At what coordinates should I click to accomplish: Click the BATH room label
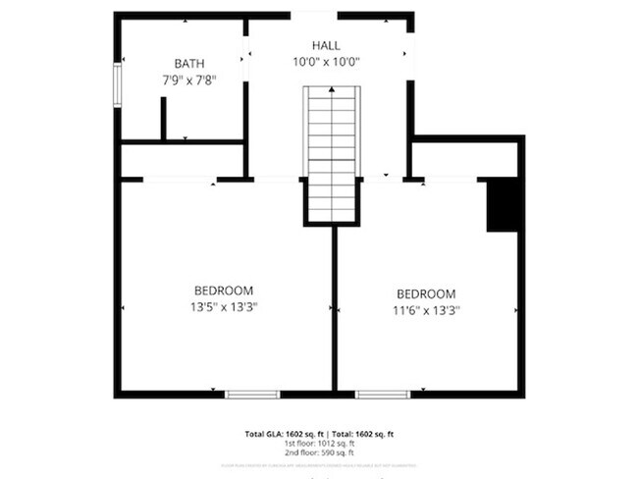click(190, 64)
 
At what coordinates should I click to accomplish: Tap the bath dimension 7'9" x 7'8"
click(189, 80)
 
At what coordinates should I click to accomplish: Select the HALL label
click(327, 46)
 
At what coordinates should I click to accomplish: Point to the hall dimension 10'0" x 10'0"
click(327, 62)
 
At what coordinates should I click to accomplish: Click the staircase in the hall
click(332, 152)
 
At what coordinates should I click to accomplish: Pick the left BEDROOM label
click(224, 291)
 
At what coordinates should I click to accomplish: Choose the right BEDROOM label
click(426, 293)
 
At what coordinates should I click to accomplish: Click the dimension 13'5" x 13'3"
click(225, 306)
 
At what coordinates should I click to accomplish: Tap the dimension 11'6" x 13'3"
click(427, 309)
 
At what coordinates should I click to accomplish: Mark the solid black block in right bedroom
click(503, 204)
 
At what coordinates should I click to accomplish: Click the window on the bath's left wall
click(117, 84)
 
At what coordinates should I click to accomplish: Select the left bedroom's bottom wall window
click(252, 394)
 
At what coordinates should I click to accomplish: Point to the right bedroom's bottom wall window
click(382, 394)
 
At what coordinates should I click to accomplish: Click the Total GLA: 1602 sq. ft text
click(280, 433)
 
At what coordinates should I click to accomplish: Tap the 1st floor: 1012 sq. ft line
click(319, 443)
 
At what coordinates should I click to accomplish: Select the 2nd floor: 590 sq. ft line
click(319, 452)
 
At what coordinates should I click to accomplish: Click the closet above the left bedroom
click(182, 161)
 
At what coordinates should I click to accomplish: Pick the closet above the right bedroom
click(463, 160)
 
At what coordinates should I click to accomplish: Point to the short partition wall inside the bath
click(163, 119)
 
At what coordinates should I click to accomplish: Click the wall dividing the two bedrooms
click(334, 309)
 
